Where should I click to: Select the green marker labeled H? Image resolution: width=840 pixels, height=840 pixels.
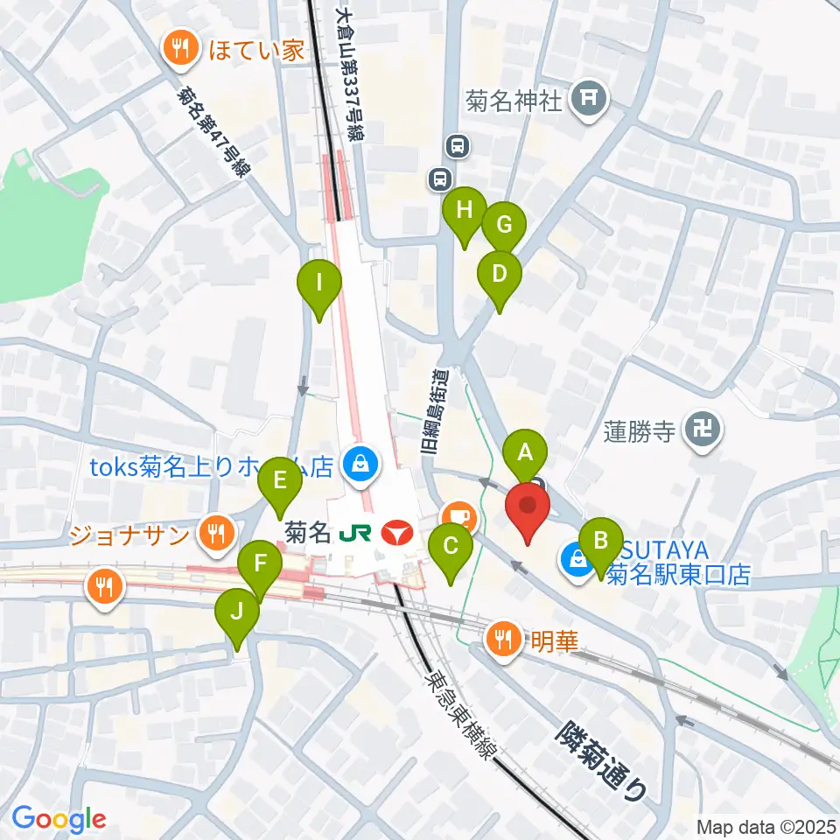tap(464, 211)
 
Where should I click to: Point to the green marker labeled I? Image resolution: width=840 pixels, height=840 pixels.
tap(319, 284)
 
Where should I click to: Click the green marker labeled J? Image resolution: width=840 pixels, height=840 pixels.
tap(237, 612)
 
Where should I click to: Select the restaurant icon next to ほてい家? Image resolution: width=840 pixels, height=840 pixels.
tap(181, 49)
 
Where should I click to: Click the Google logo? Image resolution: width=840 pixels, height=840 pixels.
tap(59, 819)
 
